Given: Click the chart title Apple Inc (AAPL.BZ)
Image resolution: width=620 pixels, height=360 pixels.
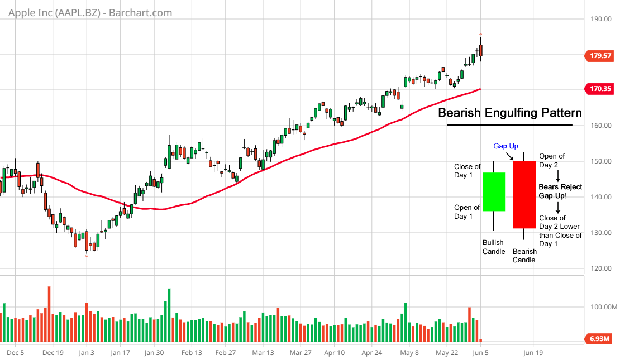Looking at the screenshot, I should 89,12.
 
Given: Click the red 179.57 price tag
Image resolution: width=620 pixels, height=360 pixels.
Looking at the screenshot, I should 598,56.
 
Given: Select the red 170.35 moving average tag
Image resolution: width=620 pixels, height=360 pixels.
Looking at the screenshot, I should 598,88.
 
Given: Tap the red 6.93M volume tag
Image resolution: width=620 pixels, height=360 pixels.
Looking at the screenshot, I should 598,339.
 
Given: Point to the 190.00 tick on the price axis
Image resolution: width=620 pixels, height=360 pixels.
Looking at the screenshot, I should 600,19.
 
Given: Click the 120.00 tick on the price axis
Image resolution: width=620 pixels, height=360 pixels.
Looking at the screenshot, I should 600,268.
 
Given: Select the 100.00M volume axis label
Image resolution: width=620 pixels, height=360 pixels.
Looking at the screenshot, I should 603,308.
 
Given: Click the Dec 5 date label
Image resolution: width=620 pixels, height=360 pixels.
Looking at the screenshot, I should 15,353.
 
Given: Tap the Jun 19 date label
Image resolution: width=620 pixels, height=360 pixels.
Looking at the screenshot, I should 532,353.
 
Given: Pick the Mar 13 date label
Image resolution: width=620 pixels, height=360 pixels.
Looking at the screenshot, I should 263,353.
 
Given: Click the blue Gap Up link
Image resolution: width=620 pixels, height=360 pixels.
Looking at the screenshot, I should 505,146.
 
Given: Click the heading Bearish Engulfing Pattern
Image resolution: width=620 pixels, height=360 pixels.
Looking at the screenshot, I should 509,113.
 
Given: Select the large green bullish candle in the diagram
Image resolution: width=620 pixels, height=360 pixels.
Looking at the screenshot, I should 494,191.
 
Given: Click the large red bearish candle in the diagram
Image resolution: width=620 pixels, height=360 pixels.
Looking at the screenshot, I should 524,194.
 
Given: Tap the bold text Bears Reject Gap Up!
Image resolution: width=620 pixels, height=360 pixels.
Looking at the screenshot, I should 560,191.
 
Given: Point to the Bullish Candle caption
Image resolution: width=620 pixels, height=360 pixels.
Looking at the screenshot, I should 493,247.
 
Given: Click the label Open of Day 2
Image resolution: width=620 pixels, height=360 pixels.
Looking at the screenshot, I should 552,161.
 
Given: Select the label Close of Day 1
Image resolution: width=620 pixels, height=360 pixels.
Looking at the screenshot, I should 467,171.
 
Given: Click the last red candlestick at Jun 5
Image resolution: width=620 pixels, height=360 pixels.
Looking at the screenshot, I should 481,50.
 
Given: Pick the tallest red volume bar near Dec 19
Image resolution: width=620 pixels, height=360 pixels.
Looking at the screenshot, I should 49,314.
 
